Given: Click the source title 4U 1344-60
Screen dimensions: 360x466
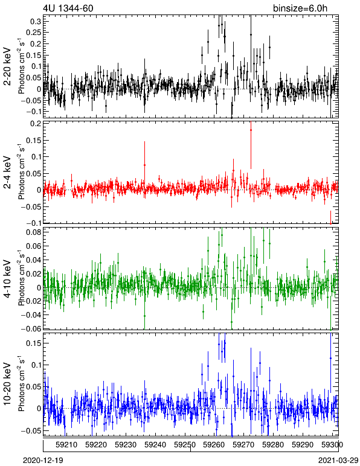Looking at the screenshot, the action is coord(68,8).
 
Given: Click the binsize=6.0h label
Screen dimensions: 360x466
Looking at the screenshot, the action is coord(300,8).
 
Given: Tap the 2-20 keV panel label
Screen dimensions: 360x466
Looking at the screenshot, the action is coord(7,66).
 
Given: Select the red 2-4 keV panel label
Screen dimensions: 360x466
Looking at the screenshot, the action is coord(7,173).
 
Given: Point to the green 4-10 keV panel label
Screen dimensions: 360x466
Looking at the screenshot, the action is coord(7,279).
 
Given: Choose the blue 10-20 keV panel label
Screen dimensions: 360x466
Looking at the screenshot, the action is coord(7,384).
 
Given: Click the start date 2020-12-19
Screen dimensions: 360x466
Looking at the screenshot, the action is coord(43,461).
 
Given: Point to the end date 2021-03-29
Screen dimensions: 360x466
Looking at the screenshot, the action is coord(338,461).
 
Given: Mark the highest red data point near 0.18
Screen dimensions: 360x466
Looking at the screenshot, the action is coord(251,130).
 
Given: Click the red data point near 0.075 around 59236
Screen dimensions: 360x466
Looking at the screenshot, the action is coord(145,165).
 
